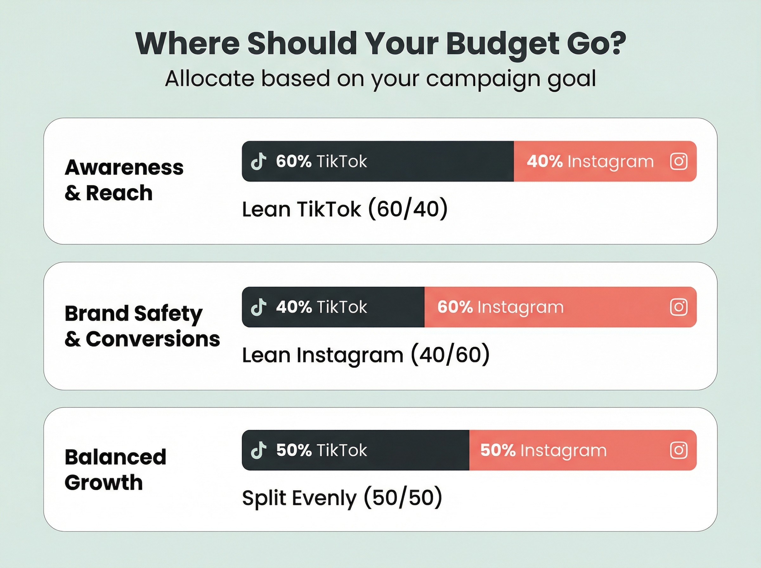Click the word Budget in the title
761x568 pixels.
click(502, 44)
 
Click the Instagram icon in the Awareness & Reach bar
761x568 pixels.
click(679, 161)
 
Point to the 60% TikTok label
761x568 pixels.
click(321, 161)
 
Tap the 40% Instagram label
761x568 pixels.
click(590, 161)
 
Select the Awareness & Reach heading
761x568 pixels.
click(124, 180)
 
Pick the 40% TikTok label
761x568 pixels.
click(321, 307)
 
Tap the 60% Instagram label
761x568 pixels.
click(500, 307)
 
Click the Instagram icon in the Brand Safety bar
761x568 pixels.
click(679, 307)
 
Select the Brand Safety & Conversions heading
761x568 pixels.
click(142, 326)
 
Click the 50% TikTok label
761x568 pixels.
click(321, 450)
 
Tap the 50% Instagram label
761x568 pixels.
click(543, 450)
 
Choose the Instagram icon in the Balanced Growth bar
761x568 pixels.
click(679, 450)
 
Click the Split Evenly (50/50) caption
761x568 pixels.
click(342, 498)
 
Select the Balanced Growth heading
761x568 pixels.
click(115, 469)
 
